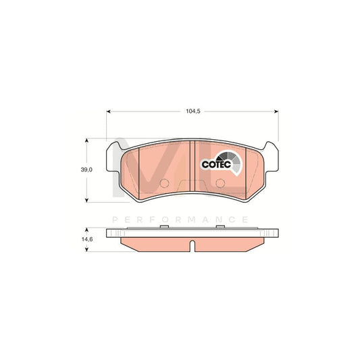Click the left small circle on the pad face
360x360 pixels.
[163, 184]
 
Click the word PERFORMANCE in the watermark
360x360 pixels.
[180, 220]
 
